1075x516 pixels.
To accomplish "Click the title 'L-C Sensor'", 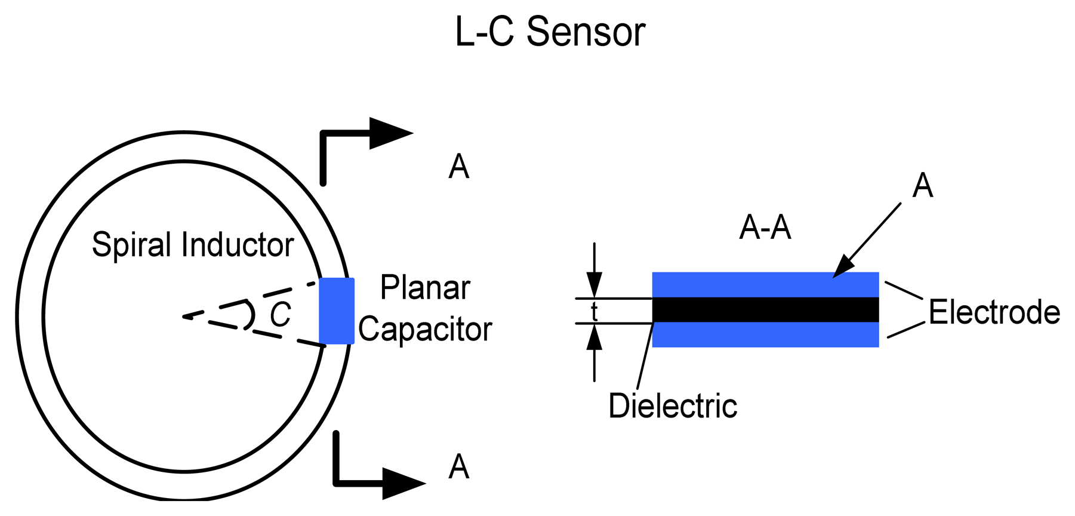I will click(550, 32).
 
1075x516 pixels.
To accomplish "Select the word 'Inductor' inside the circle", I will click(238, 244).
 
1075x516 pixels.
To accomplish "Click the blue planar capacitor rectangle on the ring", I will click(337, 311).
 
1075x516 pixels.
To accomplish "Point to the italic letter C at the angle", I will click(280, 315).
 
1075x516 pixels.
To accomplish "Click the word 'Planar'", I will click(425, 288).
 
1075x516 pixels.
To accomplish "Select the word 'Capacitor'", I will click(425, 329).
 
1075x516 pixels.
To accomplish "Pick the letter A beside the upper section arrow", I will click(458, 167).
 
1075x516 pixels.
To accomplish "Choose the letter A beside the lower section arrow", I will click(458, 466).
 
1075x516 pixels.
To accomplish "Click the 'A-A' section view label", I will click(765, 228).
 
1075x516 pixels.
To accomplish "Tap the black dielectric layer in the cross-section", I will click(765, 310).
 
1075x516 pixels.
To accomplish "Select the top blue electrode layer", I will click(765, 284).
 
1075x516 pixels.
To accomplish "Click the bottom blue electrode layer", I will click(765, 335).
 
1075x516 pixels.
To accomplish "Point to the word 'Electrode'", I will click(994, 312).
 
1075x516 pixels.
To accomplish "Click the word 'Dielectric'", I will click(673, 406).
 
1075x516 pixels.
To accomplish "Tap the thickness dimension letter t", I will click(594, 312).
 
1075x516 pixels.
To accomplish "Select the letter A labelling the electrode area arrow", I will click(922, 186).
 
